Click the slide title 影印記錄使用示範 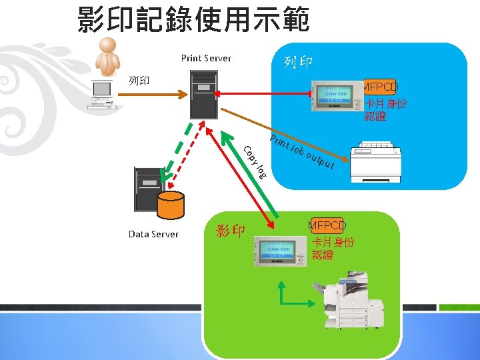tap(193, 20)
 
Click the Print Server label tap(206, 58)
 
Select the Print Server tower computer tap(203, 94)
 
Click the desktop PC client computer tap(102, 95)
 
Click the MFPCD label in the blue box tap(380, 87)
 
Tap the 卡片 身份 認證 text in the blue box tap(385, 110)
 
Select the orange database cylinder tap(171, 205)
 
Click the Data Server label tap(153, 234)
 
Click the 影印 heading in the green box tap(231, 231)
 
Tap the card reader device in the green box tap(275, 250)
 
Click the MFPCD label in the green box tap(327, 225)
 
